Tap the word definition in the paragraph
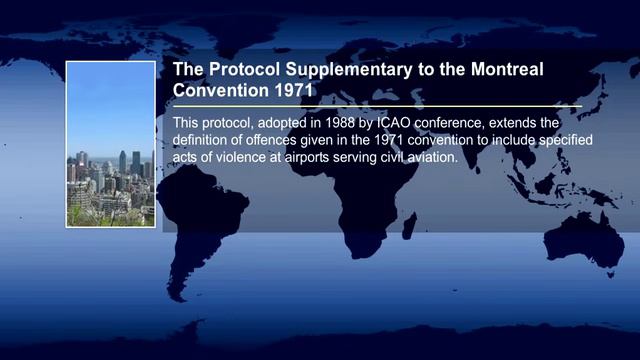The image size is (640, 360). pos(207,139)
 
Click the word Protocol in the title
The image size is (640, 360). pos(245,71)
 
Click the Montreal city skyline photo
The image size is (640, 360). pos(111,144)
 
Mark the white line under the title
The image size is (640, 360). pos(377,105)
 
